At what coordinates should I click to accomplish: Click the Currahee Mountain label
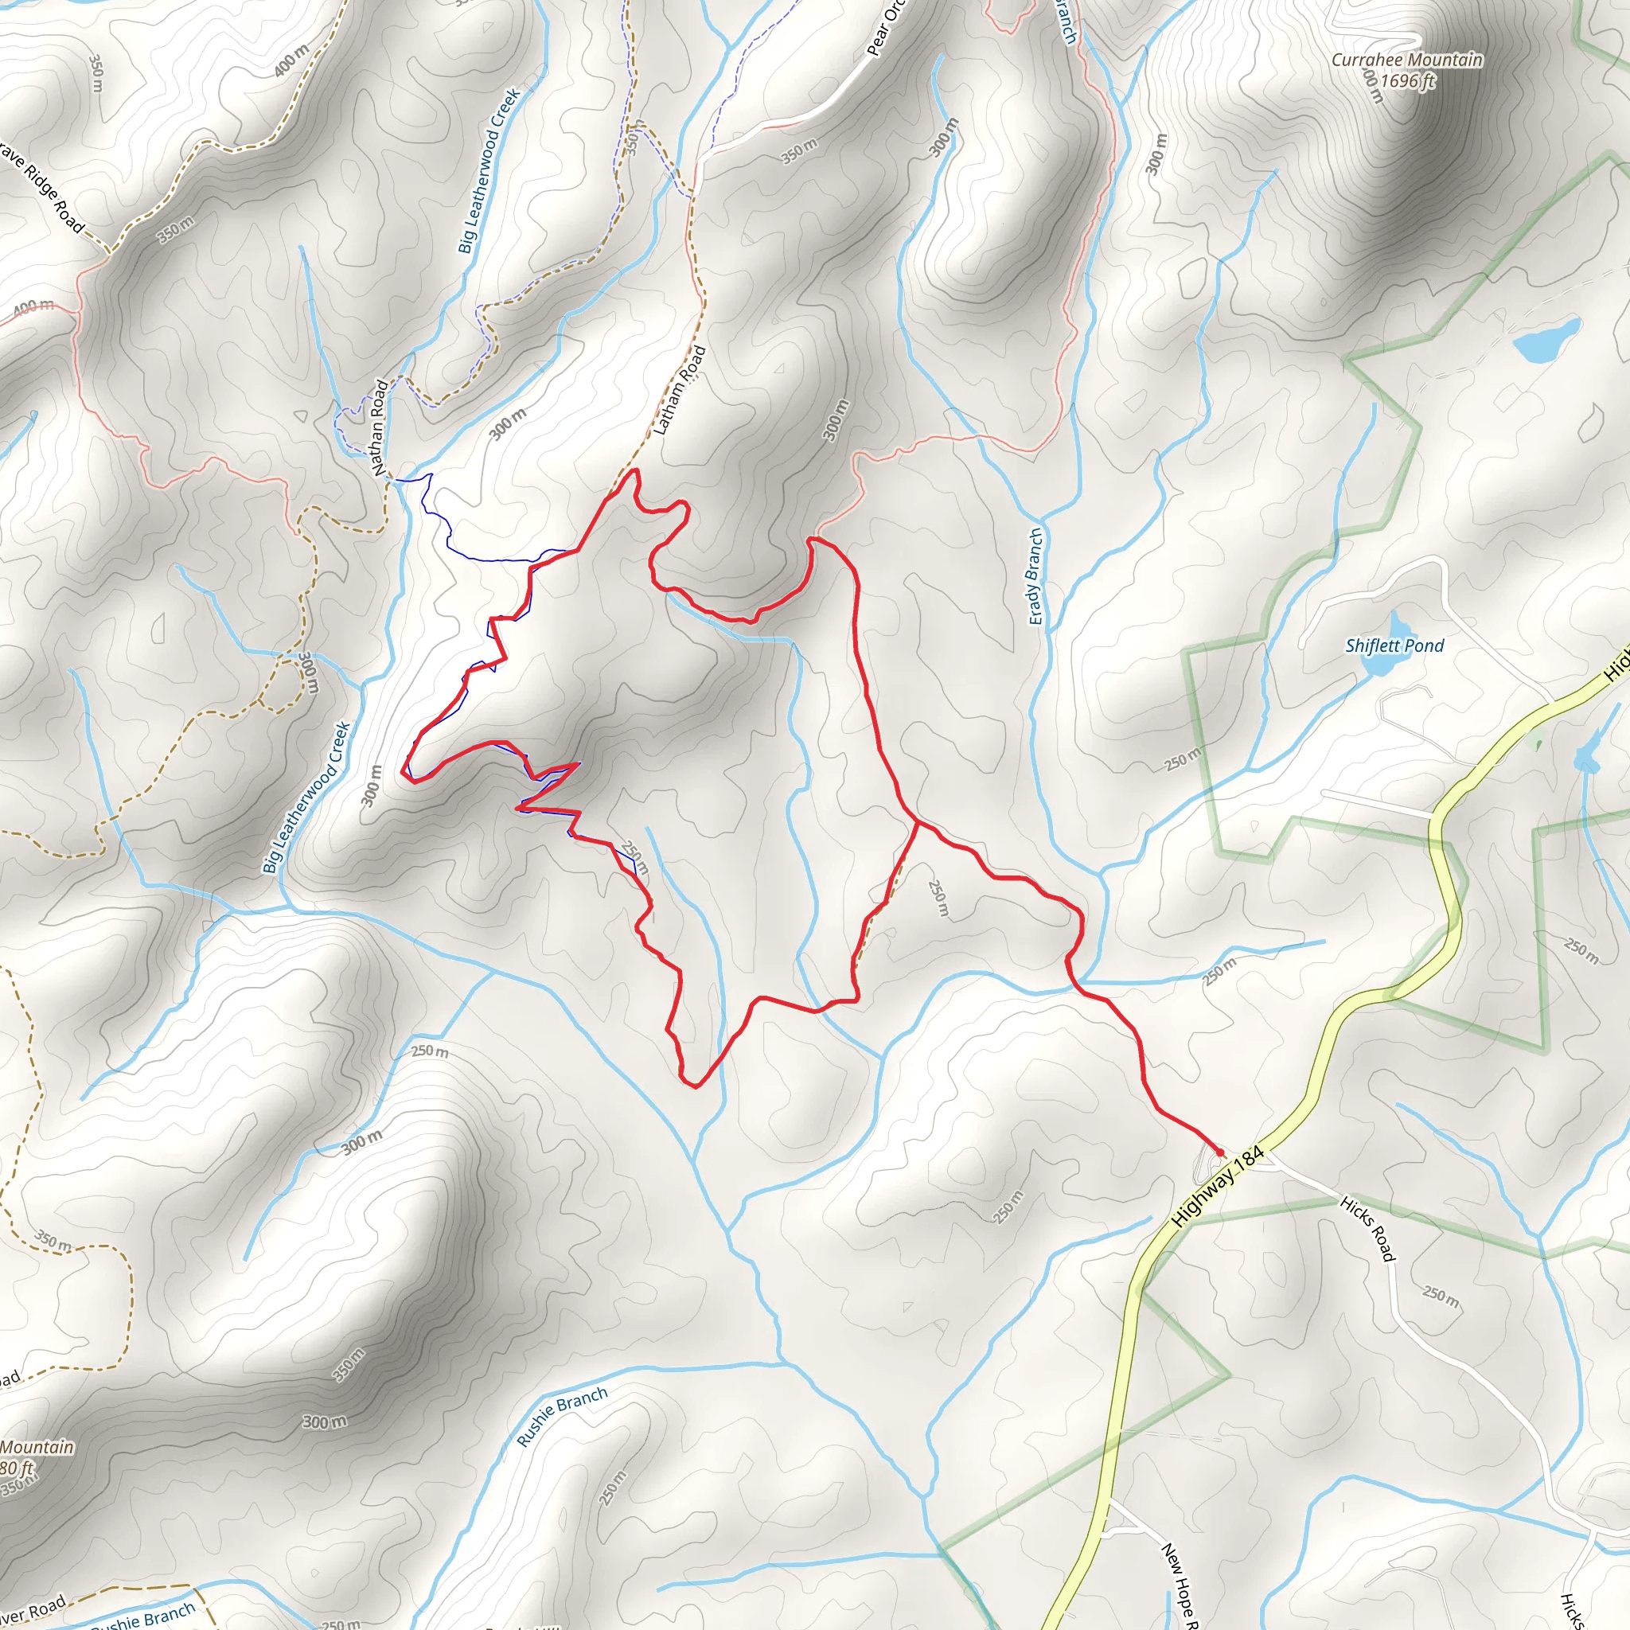pos(1406,60)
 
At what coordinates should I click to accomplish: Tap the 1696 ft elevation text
pos(1407,81)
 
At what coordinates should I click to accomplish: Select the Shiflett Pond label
pos(1394,646)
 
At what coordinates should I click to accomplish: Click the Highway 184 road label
pos(1219,1186)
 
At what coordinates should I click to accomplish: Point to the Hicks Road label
pos(1367,1228)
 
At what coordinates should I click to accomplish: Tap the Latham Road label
pos(679,391)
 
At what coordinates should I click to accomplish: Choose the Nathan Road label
pos(380,427)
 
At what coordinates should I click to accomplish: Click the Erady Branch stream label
pos(1036,577)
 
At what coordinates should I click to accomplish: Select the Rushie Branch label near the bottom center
pos(562,1417)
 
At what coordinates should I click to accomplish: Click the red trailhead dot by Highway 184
pos(1219,1152)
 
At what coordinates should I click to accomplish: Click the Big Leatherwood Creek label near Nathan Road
pos(489,171)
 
